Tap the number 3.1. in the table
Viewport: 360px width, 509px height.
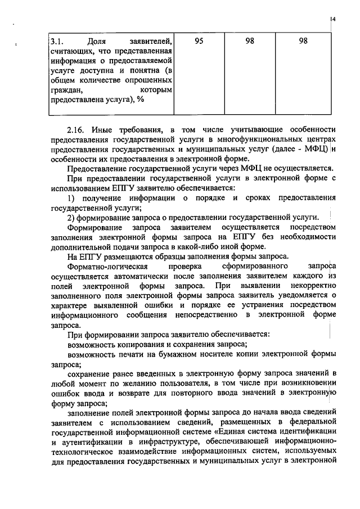click(56, 42)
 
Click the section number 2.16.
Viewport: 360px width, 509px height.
click(77, 129)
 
